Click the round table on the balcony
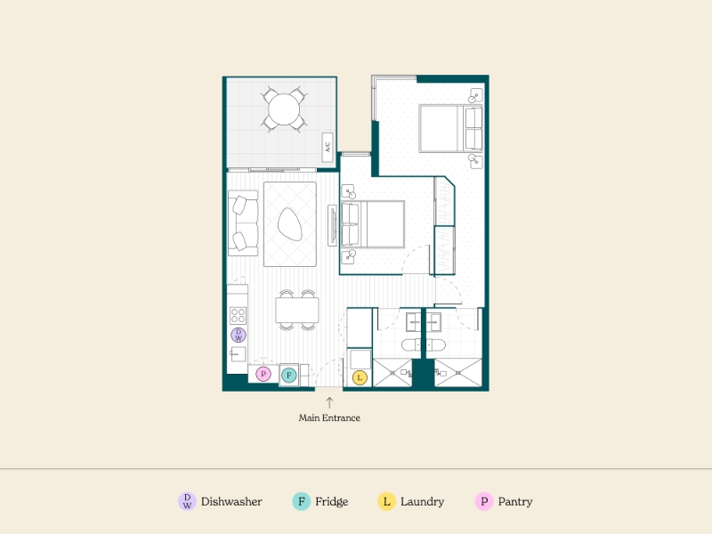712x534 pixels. point(284,109)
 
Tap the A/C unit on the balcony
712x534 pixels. point(328,147)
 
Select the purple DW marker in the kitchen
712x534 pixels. point(239,336)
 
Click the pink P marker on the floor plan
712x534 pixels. point(263,374)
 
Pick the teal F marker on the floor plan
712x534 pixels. point(288,375)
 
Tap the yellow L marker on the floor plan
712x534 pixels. point(360,377)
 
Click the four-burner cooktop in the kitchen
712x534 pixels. point(238,315)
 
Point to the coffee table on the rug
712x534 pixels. point(290,224)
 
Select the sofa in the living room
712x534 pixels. point(243,223)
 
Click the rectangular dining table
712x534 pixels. point(297,310)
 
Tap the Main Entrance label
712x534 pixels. point(329,417)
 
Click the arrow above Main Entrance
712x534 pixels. point(329,402)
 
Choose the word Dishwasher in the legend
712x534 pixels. point(231,501)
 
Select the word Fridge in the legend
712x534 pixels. point(331,501)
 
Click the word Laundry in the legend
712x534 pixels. point(422,502)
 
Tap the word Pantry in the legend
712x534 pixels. point(515,502)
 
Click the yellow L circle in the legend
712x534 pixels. point(386,501)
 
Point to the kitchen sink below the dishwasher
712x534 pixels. point(238,353)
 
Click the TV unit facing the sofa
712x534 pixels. point(332,226)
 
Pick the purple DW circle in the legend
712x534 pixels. point(187,501)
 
